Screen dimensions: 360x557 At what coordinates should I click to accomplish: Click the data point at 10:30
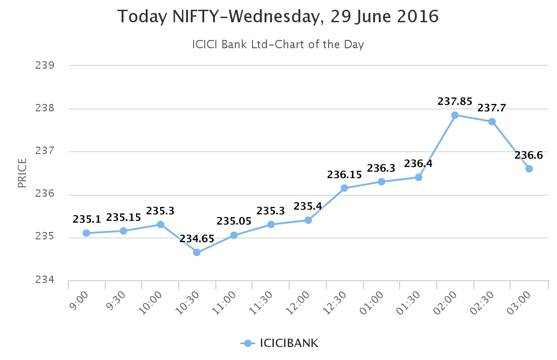tap(197, 252)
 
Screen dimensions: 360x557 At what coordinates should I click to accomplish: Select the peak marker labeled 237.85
tap(455, 115)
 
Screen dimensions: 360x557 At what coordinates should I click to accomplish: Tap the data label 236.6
tap(529, 155)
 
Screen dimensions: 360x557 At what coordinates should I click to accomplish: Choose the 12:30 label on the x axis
tap(337, 302)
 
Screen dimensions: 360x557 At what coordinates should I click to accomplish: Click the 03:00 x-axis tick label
tap(518, 302)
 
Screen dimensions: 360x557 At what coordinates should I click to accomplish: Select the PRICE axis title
tap(22, 173)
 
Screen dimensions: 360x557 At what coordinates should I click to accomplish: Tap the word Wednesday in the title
tap(275, 17)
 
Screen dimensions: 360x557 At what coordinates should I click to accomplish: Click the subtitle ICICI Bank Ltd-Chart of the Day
tap(278, 45)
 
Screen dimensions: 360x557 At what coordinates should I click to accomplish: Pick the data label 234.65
tap(197, 239)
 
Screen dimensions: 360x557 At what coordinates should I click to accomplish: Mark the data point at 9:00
tap(86, 233)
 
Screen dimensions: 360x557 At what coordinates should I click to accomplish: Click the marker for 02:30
tap(492, 122)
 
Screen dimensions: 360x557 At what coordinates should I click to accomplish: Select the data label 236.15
tap(344, 175)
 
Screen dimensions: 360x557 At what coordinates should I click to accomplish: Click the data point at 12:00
tap(308, 220)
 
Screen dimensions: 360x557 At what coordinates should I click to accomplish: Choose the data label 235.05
tap(234, 221)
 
